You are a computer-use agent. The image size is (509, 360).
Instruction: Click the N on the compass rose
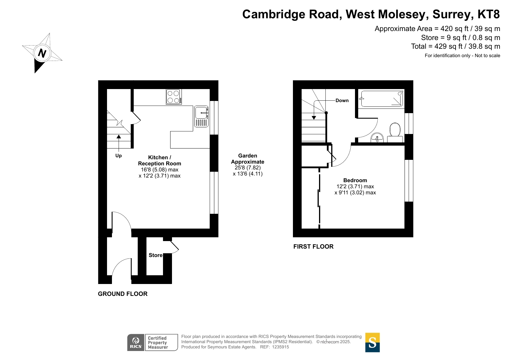[42, 53]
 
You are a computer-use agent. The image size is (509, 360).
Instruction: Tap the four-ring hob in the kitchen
[174, 97]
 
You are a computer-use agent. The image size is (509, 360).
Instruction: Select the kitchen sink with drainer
[201, 116]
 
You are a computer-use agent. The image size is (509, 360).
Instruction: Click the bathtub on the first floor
[381, 98]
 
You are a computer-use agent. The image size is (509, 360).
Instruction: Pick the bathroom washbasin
[377, 138]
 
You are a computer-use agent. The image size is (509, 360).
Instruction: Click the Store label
[155, 255]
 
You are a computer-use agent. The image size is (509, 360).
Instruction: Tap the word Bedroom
[355, 180]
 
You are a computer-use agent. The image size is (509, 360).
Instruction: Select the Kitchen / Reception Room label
[160, 160]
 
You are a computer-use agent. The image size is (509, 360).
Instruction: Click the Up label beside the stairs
[118, 156]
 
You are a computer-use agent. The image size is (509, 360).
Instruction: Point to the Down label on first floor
[342, 101]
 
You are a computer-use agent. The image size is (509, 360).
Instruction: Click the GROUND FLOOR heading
[123, 294]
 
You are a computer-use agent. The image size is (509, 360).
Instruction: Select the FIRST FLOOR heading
[313, 247]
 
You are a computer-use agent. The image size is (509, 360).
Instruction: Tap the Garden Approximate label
[248, 159]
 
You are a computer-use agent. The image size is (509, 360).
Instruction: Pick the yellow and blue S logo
[372, 343]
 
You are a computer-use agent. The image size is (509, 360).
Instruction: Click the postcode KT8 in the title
[489, 14]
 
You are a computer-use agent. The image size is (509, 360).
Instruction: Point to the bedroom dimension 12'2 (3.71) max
[355, 187]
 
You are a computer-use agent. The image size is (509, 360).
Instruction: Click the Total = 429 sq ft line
[455, 46]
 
